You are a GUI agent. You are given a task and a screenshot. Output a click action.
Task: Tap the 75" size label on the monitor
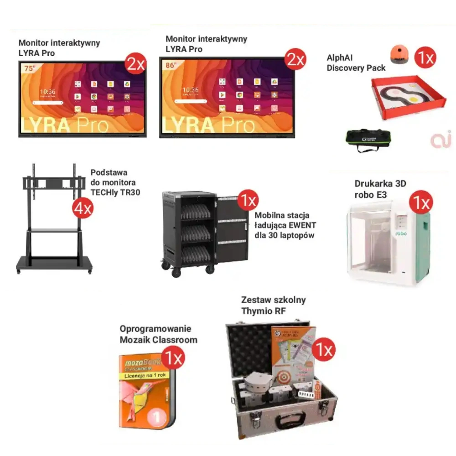(x=29, y=68)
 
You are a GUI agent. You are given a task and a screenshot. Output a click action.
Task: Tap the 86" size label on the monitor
(x=171, y=65)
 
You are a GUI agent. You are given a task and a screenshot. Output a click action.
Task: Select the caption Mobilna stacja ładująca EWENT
(x=285, y=225)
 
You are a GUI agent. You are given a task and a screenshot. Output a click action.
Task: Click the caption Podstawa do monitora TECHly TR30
(x=115, y=182)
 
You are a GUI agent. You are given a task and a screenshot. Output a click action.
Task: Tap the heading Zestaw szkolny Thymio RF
(x=274, y=306)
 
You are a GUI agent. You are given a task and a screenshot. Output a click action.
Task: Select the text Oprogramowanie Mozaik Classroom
(x=158, y=334)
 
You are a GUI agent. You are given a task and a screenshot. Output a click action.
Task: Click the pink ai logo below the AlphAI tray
(x=440, y=140)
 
